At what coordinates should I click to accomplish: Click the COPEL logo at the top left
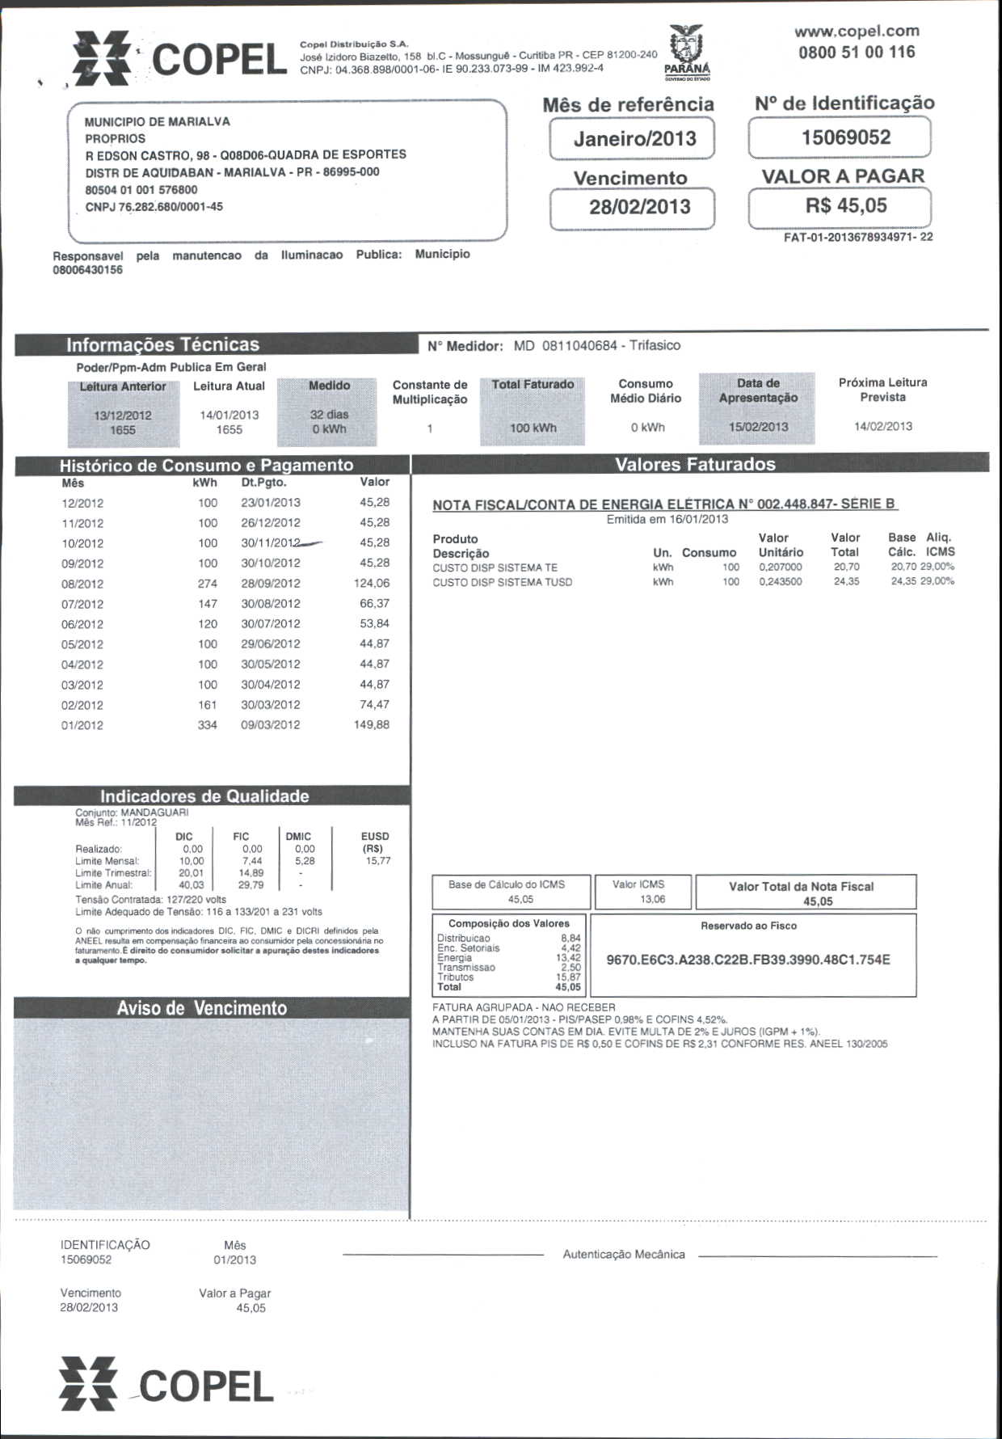179,59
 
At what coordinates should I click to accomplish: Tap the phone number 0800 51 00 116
857,53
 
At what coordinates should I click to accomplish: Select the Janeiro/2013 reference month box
634,138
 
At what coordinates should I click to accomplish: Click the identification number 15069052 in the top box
845,137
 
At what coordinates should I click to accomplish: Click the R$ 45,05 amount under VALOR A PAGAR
845,205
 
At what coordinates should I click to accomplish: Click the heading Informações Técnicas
162,345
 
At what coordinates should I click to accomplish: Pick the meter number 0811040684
579,346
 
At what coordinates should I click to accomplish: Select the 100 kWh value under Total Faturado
533,428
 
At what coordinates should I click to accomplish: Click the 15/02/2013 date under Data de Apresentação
758,427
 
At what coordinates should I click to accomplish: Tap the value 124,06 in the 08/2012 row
371,583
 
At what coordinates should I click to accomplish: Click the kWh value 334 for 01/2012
208,725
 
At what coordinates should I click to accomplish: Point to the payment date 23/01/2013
271,502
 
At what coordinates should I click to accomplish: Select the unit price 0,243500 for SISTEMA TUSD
780,581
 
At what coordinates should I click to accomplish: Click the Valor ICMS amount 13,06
652,899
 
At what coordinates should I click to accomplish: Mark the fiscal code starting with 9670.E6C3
747,960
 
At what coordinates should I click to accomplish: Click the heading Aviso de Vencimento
201,1008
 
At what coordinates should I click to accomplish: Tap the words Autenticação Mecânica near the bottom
624,1254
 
